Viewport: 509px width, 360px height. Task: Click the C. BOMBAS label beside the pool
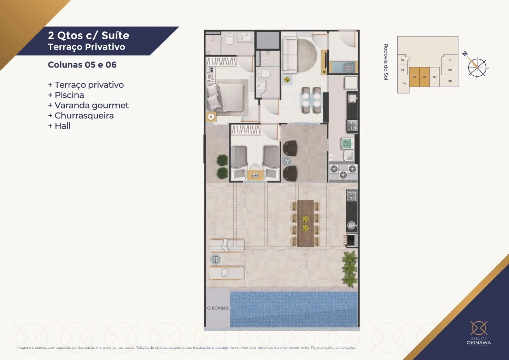click(217, 308)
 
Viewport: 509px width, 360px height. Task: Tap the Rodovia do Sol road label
click(386, 62)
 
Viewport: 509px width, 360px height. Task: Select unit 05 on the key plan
click(414, 77)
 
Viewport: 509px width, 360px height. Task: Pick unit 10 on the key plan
click(450, 60)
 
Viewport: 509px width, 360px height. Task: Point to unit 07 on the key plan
click(435, 77)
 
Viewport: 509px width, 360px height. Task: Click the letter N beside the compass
click(465, 54)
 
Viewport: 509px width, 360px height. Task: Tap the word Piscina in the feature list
click(69, 95)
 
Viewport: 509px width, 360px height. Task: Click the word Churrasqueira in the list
click(84, 116)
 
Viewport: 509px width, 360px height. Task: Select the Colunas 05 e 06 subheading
click(82, 65)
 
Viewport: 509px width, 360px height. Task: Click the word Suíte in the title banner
click(115, 35)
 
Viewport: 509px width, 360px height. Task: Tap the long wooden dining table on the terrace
click(305, 223)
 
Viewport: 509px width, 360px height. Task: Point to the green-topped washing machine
click(347, 144)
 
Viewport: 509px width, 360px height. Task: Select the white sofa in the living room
click(289, 56)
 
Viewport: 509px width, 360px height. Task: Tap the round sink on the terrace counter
click(351, 225)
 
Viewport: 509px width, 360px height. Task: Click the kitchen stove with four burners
click(352, 125)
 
